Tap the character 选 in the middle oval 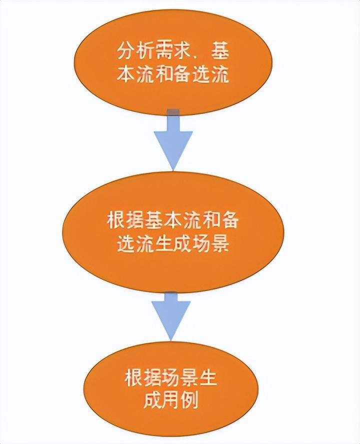(125, 245)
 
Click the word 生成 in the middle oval (172, 245)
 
